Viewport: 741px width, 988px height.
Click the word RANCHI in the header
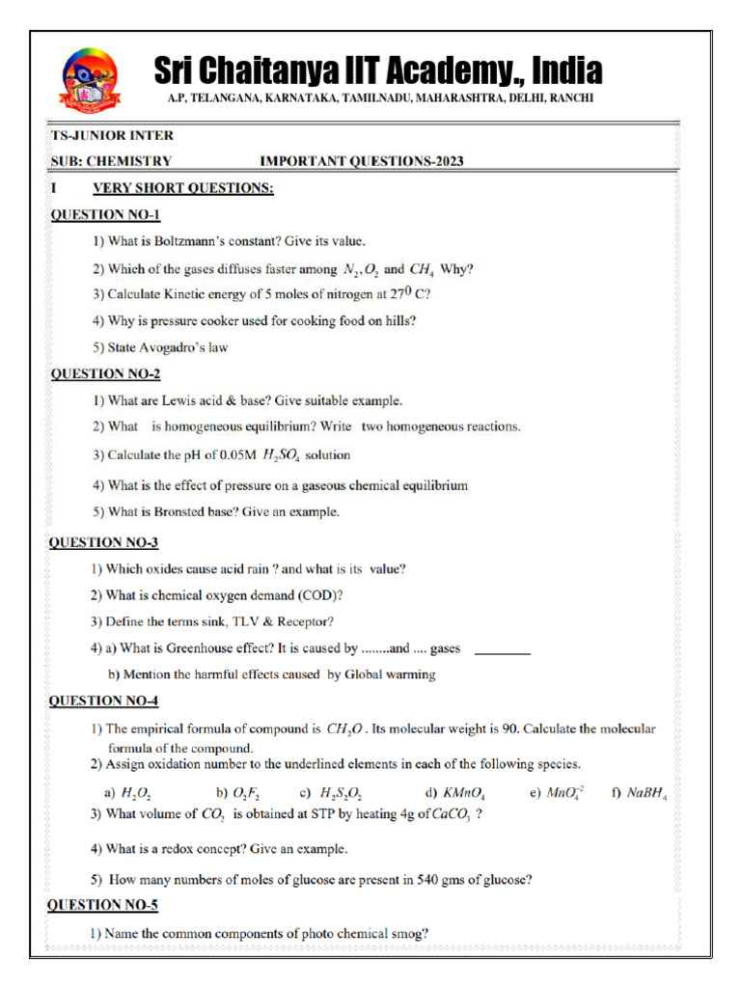pyautogui.click(x=569, y=98)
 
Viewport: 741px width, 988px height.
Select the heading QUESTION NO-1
pyautogui.click(x=105, y=214)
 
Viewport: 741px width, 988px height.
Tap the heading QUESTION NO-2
pyautogui.click(x=105, y=373)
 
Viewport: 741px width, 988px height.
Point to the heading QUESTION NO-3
pyautogui.click(x=104, y=543)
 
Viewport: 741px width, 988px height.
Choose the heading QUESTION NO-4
pyautogui.click(x=104, y=701)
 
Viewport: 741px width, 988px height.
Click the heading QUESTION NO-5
pyautogui.click(x=103, y=905)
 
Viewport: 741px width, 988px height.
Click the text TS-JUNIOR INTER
pyautogui.click(x=112, y=135)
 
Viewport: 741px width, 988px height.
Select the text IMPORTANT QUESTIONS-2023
pyautogui.click(x=361, y=161)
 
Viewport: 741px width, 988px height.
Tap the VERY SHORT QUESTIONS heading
pyautogui.click(x=182, y=188)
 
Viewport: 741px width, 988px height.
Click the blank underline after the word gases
pyautogui.click(x=503, y=654)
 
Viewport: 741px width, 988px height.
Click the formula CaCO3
pyautogui.click(x=452, y=815)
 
